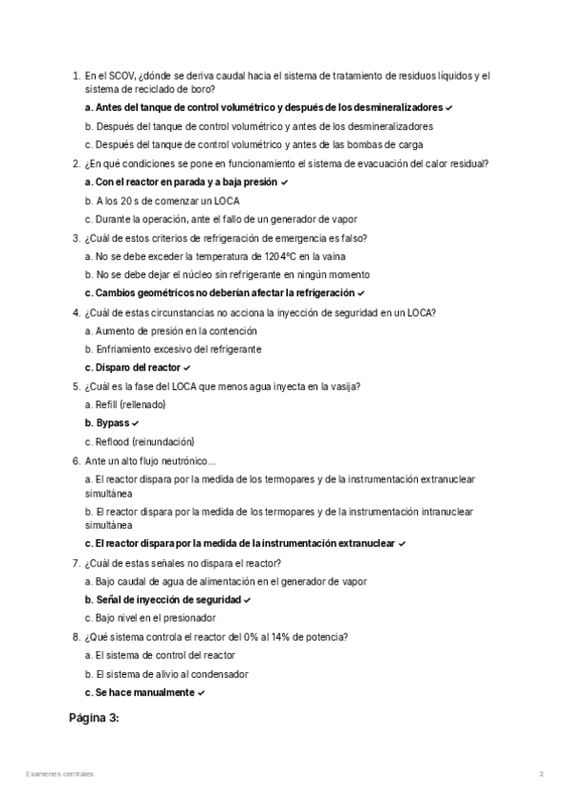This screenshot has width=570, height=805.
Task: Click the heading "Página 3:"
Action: pyautogui.click(x=94, y=718)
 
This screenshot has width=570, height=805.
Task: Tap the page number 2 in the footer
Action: pyautogui.click(x=541, y=774)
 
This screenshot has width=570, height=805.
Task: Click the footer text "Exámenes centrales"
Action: pyautogui.click(x=60, y=774)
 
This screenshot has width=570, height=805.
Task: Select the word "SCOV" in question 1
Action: pyautogui.click(x=121, y=76)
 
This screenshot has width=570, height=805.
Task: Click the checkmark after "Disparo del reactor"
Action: pyautogui.click(x=188, y=367)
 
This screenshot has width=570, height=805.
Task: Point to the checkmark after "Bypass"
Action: pyautogui.click(x=136, y=422)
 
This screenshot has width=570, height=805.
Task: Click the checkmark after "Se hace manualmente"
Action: pyautogui.click(x=202, y=693)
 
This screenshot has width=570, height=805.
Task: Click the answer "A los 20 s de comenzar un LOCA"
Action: pyautogui.click(x=162, y=200)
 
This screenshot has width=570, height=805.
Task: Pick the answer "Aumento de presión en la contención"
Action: pyautogui.click(x=169, y=330)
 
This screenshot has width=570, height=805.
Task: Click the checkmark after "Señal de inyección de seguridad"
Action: pyautogui.click(x=247, y=600)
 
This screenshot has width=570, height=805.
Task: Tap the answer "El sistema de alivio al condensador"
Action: pyautogui.click(x=166, y=674)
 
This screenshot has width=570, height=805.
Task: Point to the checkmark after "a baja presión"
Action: pyautogui.click(x=284, y=181)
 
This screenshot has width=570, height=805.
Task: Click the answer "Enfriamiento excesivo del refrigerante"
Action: pyautogui.click(x=172, y=348)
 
